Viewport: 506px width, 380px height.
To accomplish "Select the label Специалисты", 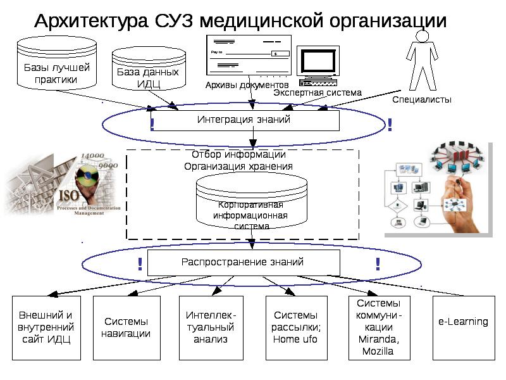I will coord(422,99).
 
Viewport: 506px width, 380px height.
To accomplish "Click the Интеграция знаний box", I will coord(245,120).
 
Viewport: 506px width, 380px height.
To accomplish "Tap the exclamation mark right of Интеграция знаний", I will coord(390,125).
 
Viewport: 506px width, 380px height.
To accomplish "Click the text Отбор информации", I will coord(238,155).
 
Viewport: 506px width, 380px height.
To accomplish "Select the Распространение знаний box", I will coord(244,262).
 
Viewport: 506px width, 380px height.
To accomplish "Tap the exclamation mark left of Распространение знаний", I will coord(139,265).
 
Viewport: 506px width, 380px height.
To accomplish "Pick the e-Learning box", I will coord(463,322).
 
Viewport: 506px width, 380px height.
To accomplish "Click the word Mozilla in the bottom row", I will coord(378,351).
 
